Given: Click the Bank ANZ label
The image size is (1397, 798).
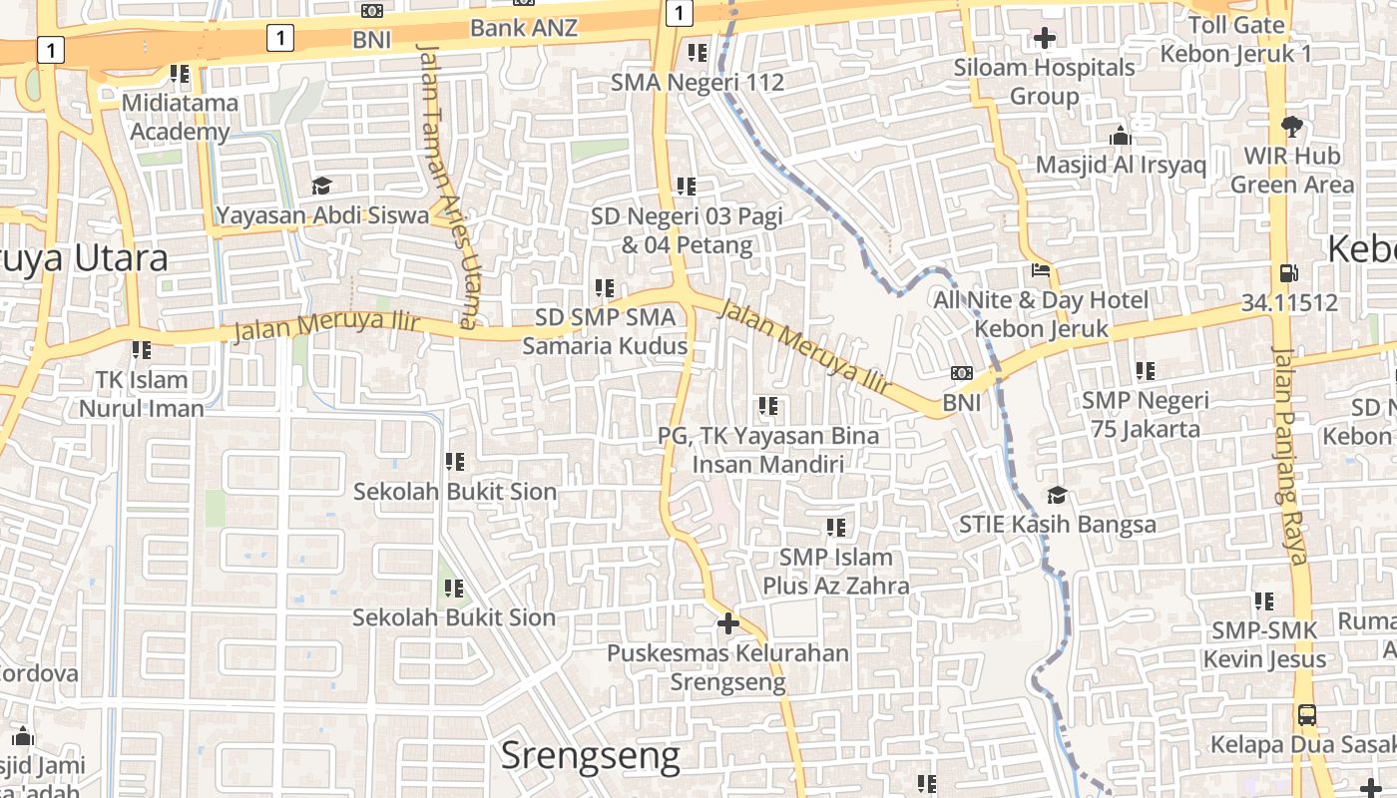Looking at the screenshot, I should coord(523,28).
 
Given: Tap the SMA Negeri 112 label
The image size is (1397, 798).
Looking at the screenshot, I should coord(698,82).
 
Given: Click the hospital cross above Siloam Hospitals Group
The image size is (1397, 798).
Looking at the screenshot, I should coord(1045,39).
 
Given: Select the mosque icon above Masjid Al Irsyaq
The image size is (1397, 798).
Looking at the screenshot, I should coord(1121,136).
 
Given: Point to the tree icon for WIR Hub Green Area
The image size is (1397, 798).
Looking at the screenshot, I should coord(1292,127).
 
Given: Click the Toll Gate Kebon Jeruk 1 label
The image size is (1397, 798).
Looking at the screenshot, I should coord(1236,39).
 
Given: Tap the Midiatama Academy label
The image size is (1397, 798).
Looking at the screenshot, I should coord(181,117).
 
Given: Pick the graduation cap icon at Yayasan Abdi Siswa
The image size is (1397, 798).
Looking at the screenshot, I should coord(321,187).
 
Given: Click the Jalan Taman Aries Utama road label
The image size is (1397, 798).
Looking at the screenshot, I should coord(447,185).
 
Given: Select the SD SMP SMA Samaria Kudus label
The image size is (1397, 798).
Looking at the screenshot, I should coord(606,331).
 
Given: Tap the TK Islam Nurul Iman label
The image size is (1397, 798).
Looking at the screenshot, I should coord(141,394).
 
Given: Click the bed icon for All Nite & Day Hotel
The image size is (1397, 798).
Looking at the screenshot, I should coord(1041,270).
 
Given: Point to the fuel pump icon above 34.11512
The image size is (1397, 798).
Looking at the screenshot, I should coord(1289,273).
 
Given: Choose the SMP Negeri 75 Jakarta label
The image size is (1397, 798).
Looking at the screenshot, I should coord(1145,415).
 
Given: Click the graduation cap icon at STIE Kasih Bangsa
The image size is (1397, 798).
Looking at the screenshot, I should coord(1057,496).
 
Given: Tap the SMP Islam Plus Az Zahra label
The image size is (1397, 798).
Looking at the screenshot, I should coord(836,571).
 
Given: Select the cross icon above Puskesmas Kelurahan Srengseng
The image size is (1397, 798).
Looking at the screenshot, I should coord(728,624).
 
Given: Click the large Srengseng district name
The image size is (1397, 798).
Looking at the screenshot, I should coord(590,756).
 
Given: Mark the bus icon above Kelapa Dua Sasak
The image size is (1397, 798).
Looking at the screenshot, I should coord(1306,715).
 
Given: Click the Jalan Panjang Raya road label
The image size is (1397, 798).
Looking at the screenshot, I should coord(1289,455).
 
